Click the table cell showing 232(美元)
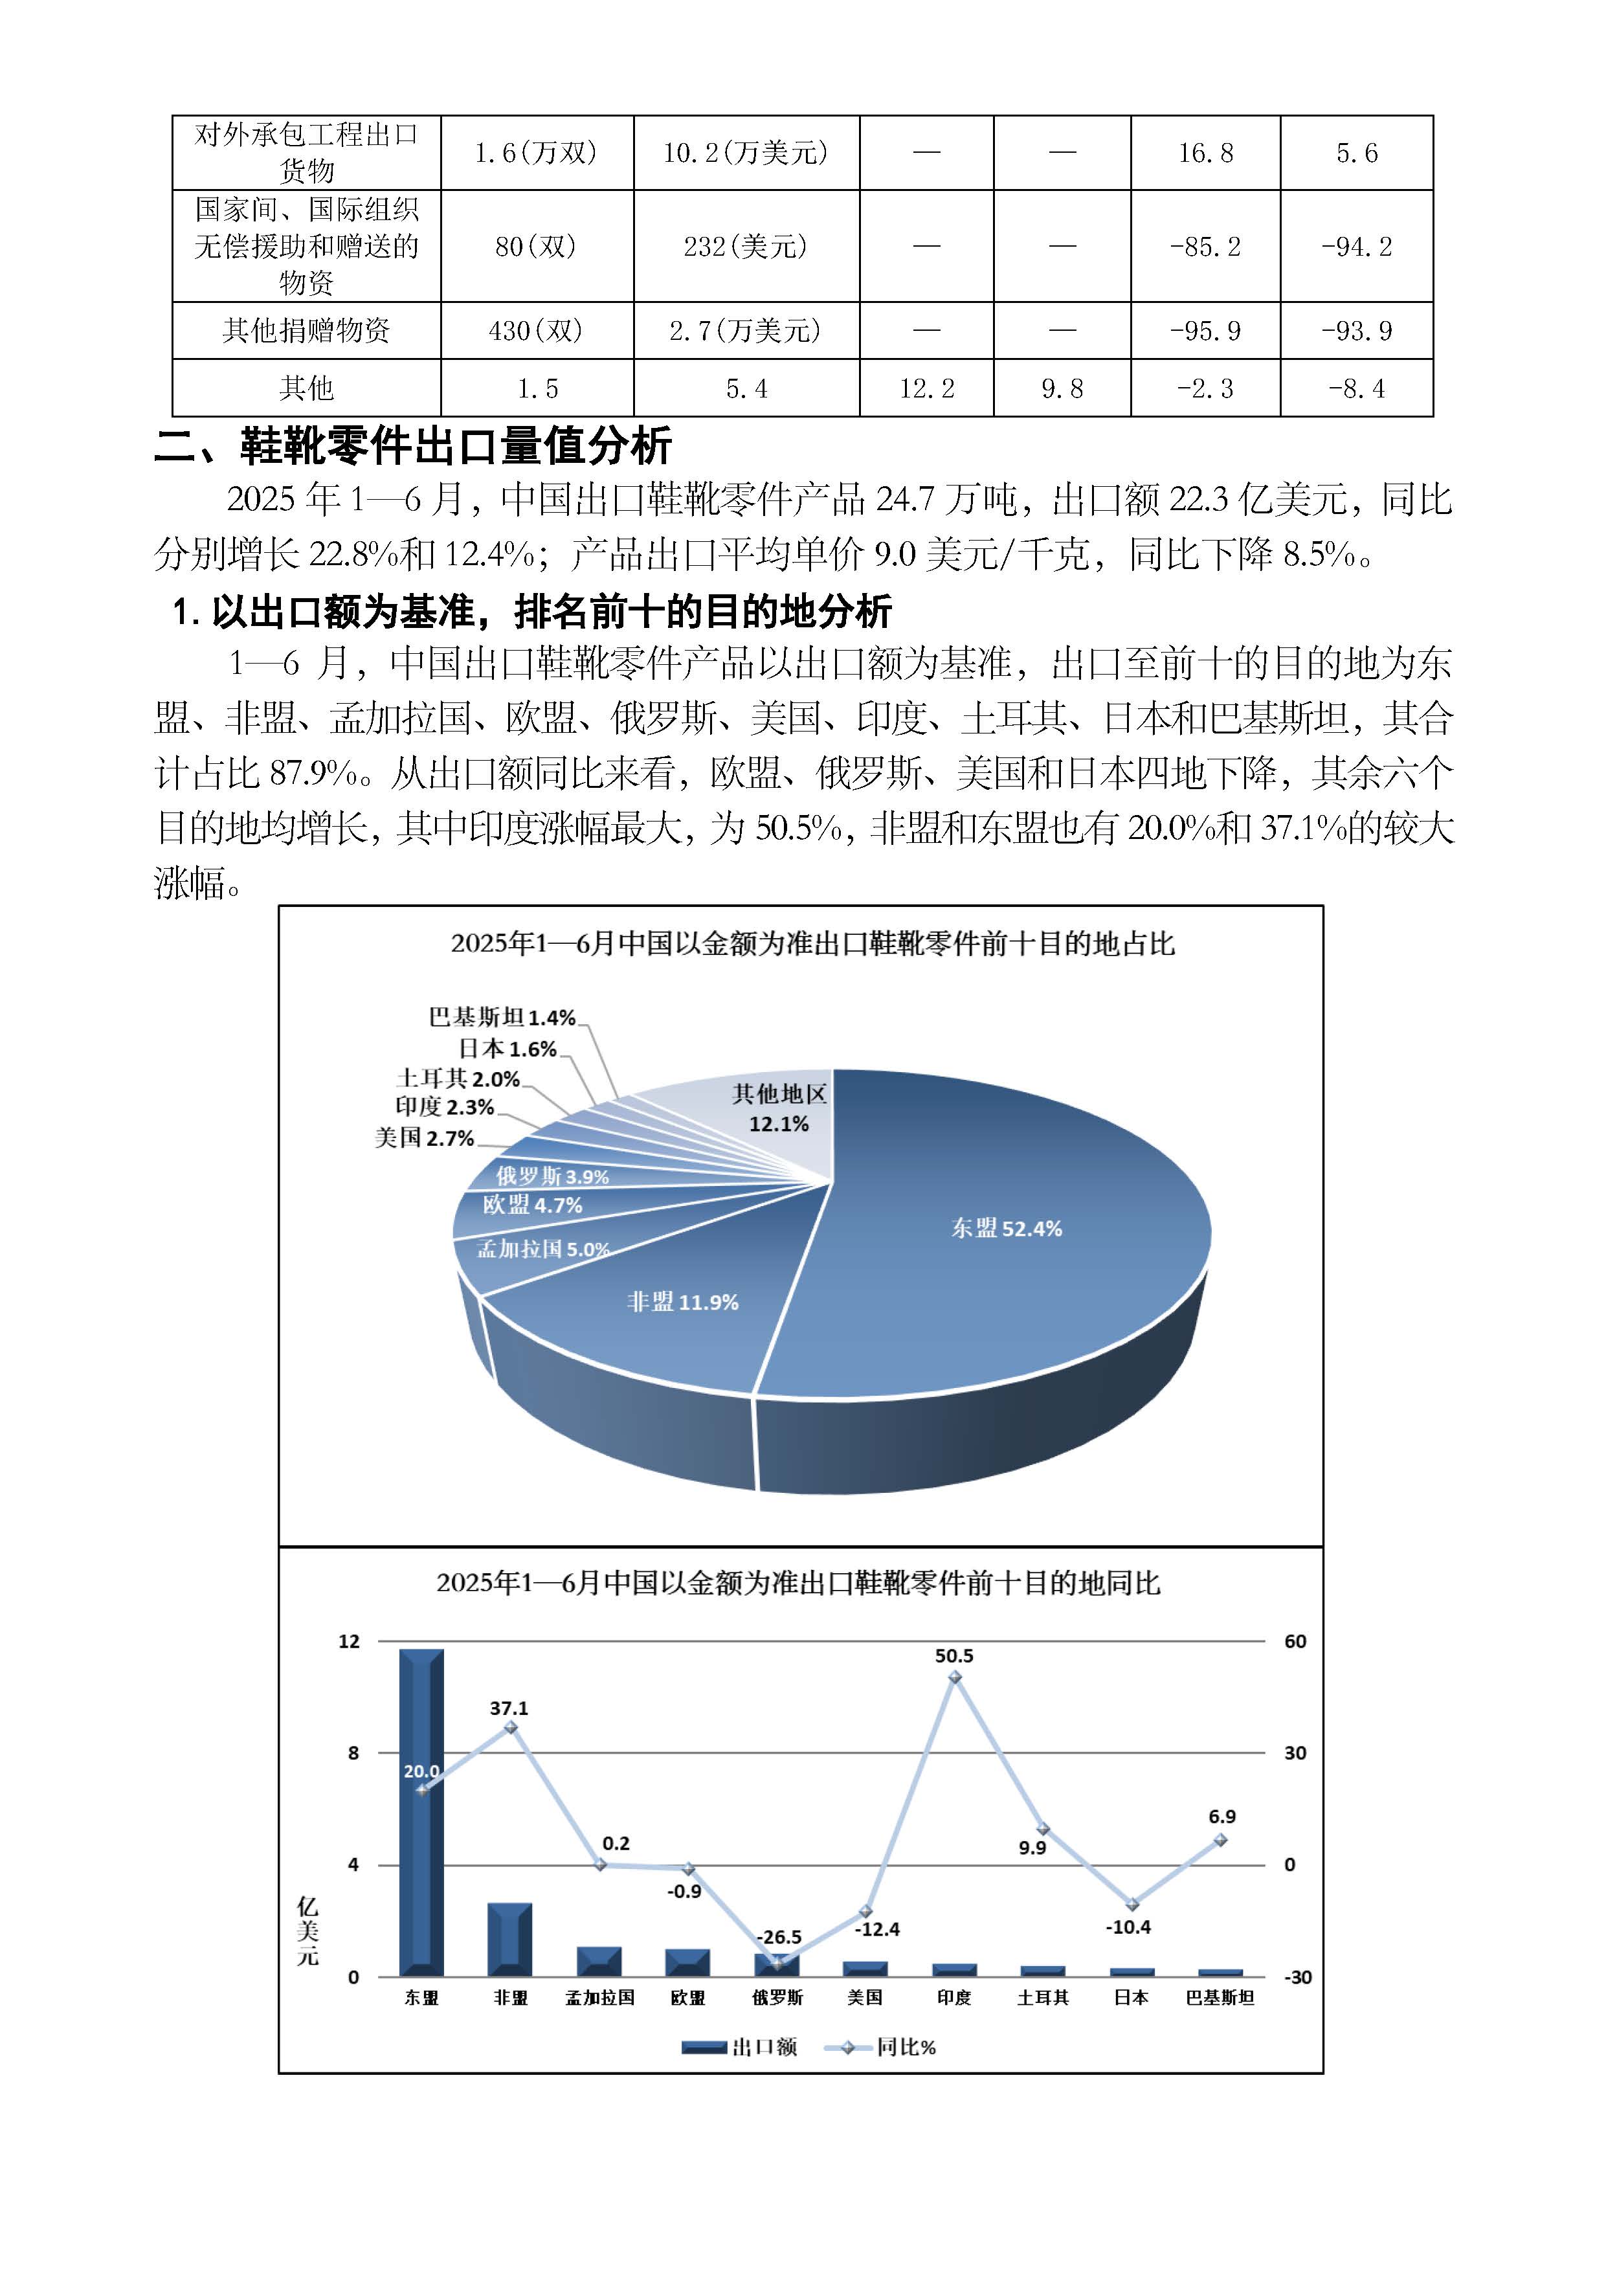(x=746, y=246)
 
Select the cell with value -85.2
(x=1205, y=246)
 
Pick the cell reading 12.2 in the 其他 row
(x=926, y=388)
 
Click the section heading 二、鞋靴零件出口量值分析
(x=414, y=446)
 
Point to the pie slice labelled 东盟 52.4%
(x=1006, y=1229)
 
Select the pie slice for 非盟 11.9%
(x=682, y=1302)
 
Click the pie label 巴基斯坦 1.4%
(x=502, y=1018)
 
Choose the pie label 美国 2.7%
(x=424, y=1139)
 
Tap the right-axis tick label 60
(x=1295, y=1642)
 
